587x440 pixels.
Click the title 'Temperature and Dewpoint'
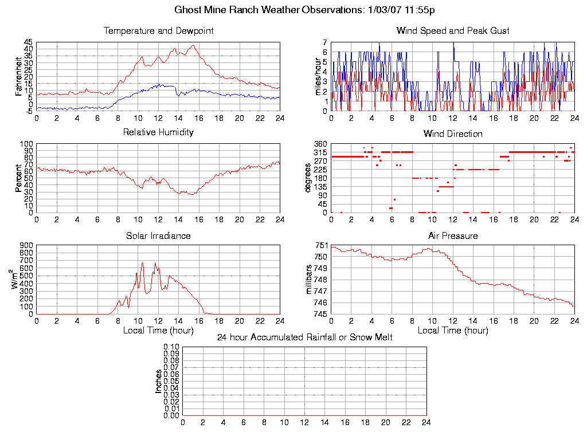(158, 31)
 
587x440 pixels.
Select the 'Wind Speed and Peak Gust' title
(453, 31)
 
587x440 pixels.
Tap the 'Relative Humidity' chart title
(158, 133)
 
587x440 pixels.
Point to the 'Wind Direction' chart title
(453, 134)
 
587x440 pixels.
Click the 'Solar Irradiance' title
(158, 236)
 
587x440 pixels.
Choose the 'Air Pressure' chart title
(453, 236)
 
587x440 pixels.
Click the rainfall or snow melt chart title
(304, 337)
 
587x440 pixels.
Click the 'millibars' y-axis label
(310, 280)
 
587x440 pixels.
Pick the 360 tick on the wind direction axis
(320, 144)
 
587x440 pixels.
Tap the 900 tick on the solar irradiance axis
(27, 246)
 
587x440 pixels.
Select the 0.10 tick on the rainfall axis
(171, 347)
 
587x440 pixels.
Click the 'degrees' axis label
(309, 178)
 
